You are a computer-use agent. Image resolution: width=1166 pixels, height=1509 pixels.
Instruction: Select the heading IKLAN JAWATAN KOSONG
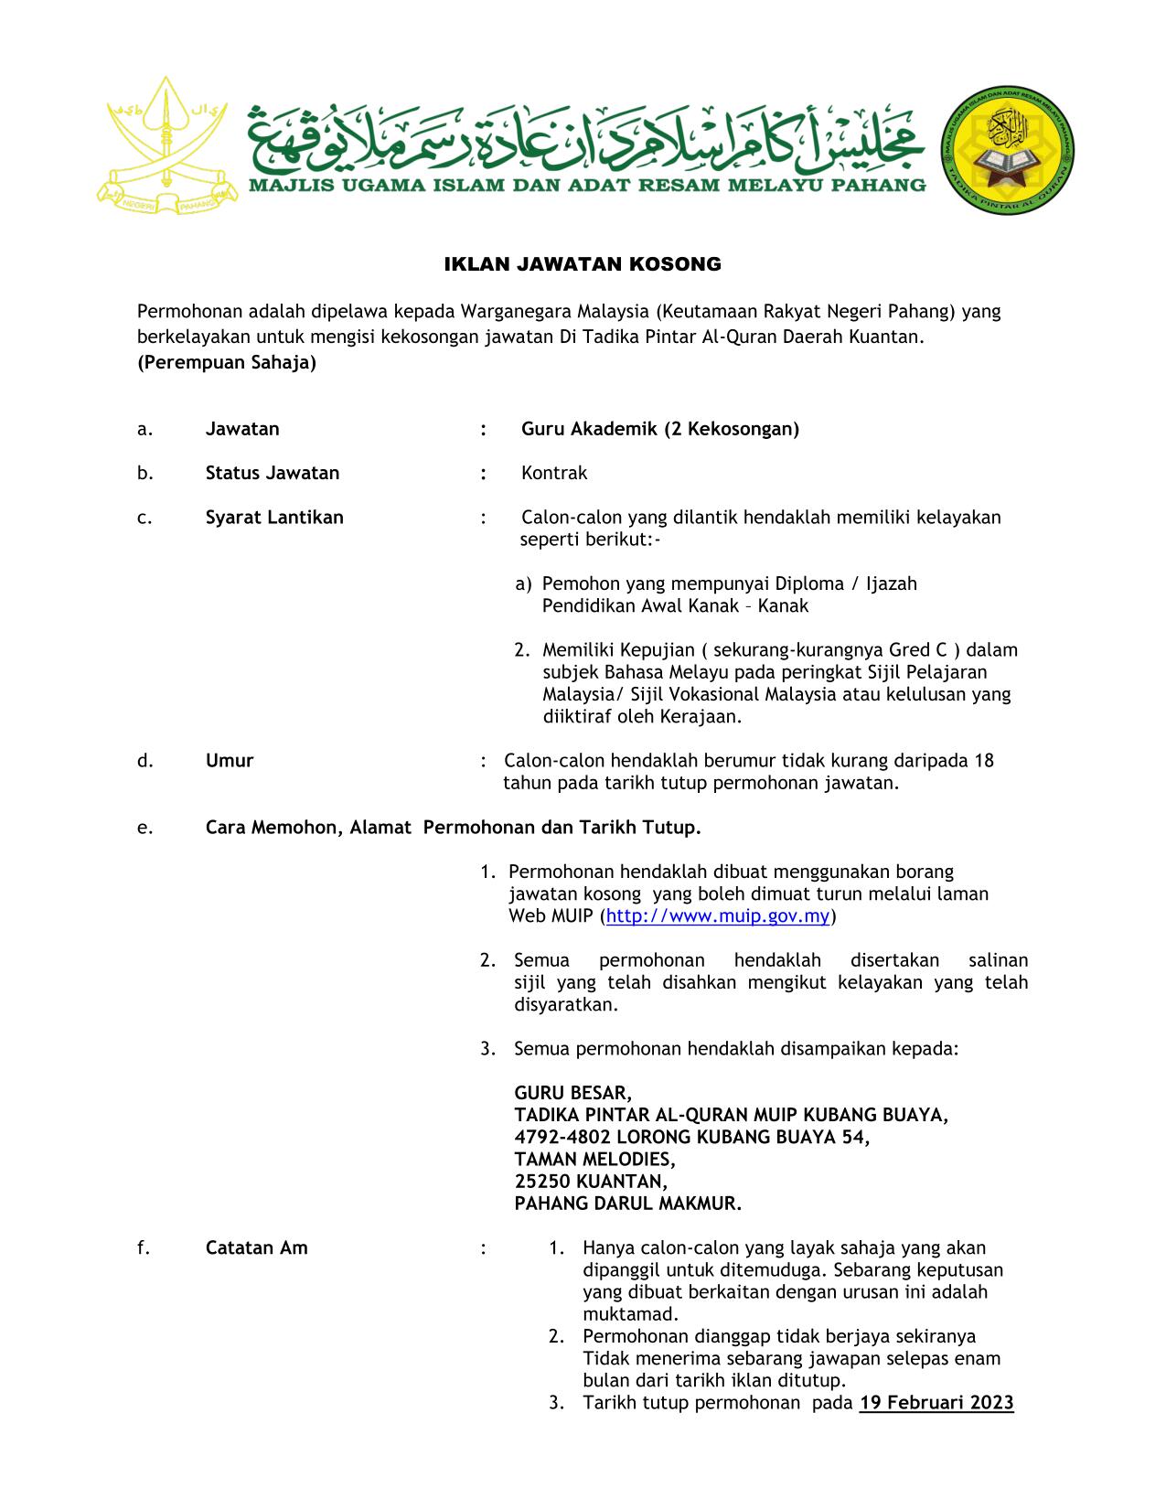[583, 265]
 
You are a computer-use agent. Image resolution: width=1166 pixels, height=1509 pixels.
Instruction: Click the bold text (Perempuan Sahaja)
[227, 362]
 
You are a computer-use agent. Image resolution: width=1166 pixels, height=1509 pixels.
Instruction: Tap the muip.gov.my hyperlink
[718, 915]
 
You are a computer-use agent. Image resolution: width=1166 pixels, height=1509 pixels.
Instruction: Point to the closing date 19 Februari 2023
[936, 1402]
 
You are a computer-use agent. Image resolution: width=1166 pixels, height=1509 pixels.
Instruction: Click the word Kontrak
[554, 473]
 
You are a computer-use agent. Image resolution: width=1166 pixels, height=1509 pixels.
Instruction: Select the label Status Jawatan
[273, 473]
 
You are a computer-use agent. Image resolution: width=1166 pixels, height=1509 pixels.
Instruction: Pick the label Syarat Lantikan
[274, 517]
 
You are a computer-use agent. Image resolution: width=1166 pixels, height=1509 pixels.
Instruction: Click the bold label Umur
[230, 760]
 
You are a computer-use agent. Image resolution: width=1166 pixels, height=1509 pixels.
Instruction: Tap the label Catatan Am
[257, 1247]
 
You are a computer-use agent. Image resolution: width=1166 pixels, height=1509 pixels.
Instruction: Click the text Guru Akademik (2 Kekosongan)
[660, 429]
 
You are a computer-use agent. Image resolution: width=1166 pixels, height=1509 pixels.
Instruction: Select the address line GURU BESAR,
[573, 1093]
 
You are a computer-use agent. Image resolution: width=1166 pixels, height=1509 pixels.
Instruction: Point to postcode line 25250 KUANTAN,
[588, 1181]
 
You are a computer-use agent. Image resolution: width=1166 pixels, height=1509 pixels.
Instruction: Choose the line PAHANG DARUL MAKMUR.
[628, 1204]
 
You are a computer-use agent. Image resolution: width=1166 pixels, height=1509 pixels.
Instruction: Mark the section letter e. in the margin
[144, 828]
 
